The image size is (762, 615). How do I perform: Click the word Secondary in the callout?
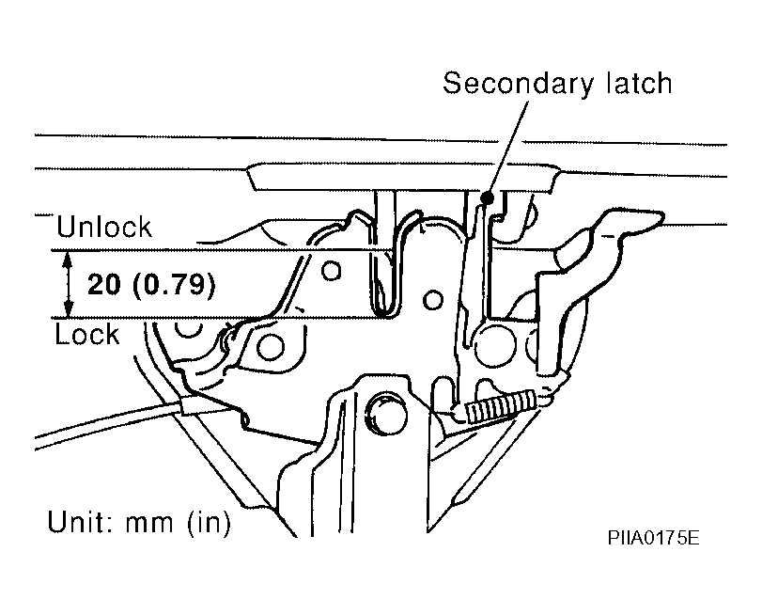tap(518, 85)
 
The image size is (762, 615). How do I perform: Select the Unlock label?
tap(104, 227)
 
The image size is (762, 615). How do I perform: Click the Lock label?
tap(87, 334)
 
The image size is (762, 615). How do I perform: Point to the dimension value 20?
tap(103, 284)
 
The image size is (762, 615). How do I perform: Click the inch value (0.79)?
tap(174, 285)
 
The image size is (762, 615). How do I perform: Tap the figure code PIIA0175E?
tap(653, 538)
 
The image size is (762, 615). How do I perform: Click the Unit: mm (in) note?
tap(139, 522)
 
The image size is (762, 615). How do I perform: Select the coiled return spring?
tap(501, 404)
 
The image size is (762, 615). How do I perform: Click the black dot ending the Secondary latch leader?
tap(488, 197)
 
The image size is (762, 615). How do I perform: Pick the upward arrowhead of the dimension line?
tap(69, 260)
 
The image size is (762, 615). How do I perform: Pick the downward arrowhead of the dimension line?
tap(69, 308)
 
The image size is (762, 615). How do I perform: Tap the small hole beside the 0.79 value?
tap(331, 271)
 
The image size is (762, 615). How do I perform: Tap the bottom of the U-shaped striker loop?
tap(386, 315)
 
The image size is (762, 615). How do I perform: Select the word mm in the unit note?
tap(149, 524)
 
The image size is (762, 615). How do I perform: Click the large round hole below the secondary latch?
tap(494, 345)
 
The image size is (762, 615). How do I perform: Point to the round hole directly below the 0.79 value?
tap(270, 347)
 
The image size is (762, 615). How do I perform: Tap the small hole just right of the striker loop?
tap(432, 300)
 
